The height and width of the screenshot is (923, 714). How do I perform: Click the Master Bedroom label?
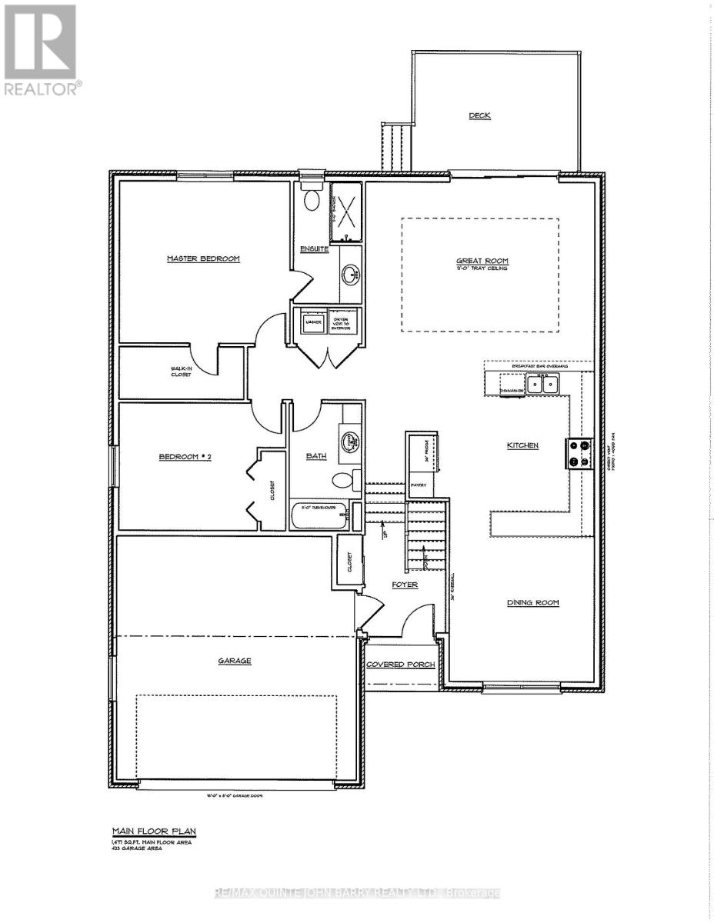point(204,258)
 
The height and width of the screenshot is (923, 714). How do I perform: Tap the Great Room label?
point(482,262)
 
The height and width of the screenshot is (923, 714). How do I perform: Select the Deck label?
point(480,115)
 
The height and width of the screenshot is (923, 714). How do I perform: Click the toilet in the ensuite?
point(312,199)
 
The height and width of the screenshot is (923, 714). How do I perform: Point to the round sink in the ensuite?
point(352,274)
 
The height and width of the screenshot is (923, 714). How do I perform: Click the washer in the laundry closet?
point(312,323)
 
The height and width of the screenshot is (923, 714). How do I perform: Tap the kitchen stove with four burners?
point(579,453)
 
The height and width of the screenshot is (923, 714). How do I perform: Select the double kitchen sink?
point(543,382)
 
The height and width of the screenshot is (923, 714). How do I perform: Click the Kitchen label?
point(522,445)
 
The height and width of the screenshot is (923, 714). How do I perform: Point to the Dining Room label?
point(532,602)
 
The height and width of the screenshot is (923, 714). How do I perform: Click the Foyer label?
point(405,585)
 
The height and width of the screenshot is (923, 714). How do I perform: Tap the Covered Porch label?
point(400,665)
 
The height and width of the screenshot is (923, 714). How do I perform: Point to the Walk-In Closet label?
point(182,372)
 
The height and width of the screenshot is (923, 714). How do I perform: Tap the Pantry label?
point(419,485)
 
